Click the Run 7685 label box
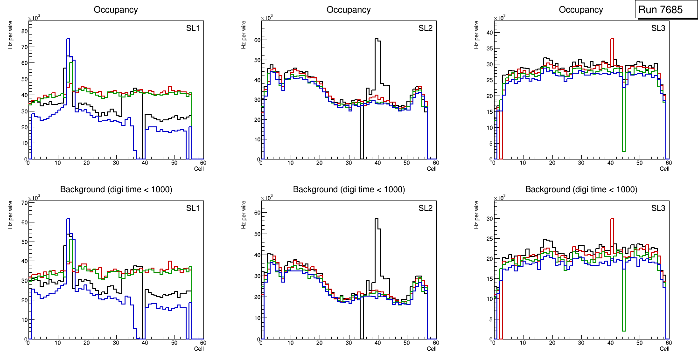tap(663, 9)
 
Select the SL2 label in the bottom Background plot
tap(426, 208)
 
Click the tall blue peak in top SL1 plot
tap(68, 40)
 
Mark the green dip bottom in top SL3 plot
tap(623, 151)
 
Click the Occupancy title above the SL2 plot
tap(349, 10)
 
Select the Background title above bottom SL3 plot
tap(581, 190)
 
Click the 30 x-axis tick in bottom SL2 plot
tap(348, 343)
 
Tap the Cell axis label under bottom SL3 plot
tap(664, 349)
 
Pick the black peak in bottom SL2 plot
tap(376, 219)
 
